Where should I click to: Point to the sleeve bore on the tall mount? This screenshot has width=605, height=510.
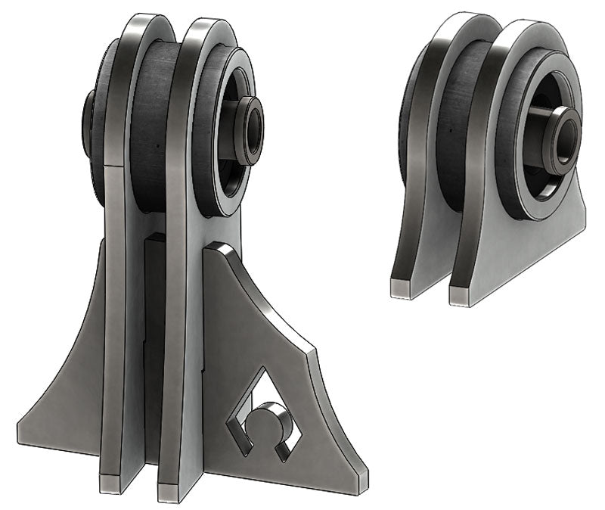(253, 129)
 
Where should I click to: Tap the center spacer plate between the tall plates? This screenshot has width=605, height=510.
(154, 341)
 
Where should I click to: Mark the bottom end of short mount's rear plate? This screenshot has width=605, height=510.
(404, 287)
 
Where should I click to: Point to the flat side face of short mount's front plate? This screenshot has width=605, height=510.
(529, 242)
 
